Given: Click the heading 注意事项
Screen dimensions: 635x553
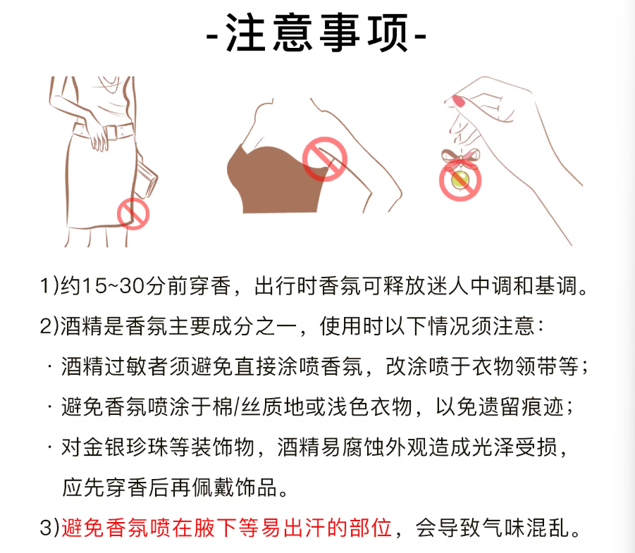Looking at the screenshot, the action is tap(316, 32).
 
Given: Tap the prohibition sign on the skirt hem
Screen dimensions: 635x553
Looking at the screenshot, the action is tap(133, 213).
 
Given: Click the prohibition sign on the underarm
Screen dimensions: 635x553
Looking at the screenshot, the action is tap(325, 159).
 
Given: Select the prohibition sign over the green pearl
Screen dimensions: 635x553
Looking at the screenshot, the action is tap(460, 180).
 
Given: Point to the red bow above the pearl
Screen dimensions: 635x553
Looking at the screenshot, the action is tap(460, 158).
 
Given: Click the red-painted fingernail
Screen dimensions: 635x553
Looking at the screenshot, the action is tap(459, 101).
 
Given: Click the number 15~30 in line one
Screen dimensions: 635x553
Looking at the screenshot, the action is tap(113, 286).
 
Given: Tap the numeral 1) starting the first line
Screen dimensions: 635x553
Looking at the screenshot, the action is tap(49, 286).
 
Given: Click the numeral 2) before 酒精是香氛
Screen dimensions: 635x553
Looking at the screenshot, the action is tap(49, 326).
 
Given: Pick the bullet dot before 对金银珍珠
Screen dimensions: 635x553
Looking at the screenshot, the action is tap(49, 447).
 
